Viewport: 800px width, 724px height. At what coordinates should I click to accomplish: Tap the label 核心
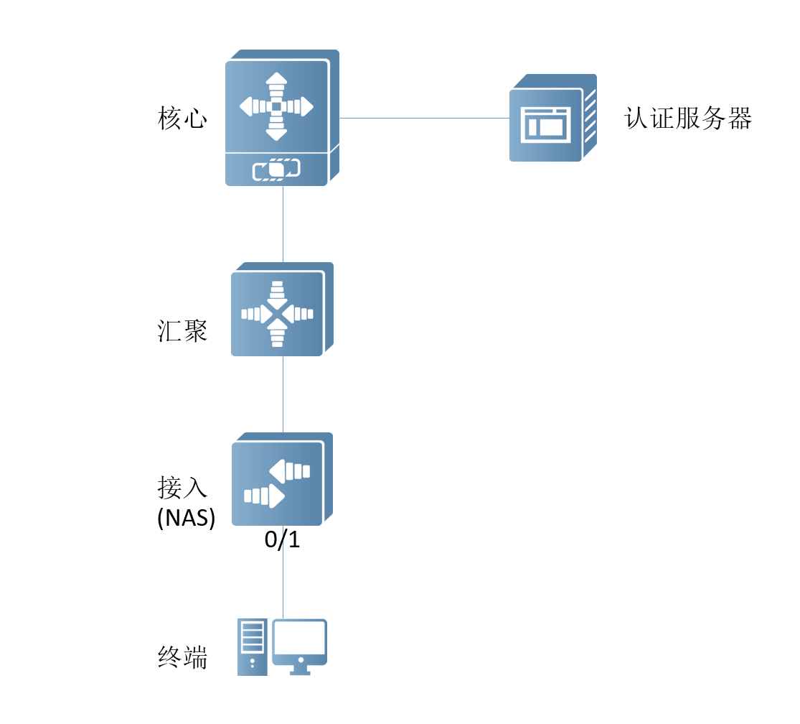coord(182,119)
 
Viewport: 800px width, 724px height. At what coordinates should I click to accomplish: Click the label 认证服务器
coord(687,119)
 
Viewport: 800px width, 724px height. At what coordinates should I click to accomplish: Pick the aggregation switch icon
coord(281,310)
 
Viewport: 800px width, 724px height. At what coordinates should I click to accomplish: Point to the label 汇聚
coord(182,331)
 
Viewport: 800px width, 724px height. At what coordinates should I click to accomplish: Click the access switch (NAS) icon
coord(281,480)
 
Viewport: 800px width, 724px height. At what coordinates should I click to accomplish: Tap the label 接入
coord(182,488)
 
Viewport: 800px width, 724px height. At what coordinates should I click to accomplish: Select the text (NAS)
coord(186,518)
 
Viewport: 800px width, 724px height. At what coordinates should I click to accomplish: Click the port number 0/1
coord(282,540)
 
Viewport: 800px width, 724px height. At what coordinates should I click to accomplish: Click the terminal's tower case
coord(252,646)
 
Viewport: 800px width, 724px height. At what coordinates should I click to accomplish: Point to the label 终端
coord(182,657)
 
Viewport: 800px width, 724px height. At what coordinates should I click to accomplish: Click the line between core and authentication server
coord(423,118)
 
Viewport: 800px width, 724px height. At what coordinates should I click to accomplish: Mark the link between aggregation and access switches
coord(283,394)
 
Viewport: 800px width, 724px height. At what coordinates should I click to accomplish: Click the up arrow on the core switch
coord(276,83)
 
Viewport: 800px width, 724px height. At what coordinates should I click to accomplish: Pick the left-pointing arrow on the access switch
coord(290,471)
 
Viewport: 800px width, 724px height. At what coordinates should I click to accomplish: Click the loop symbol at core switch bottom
coord(276,170)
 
